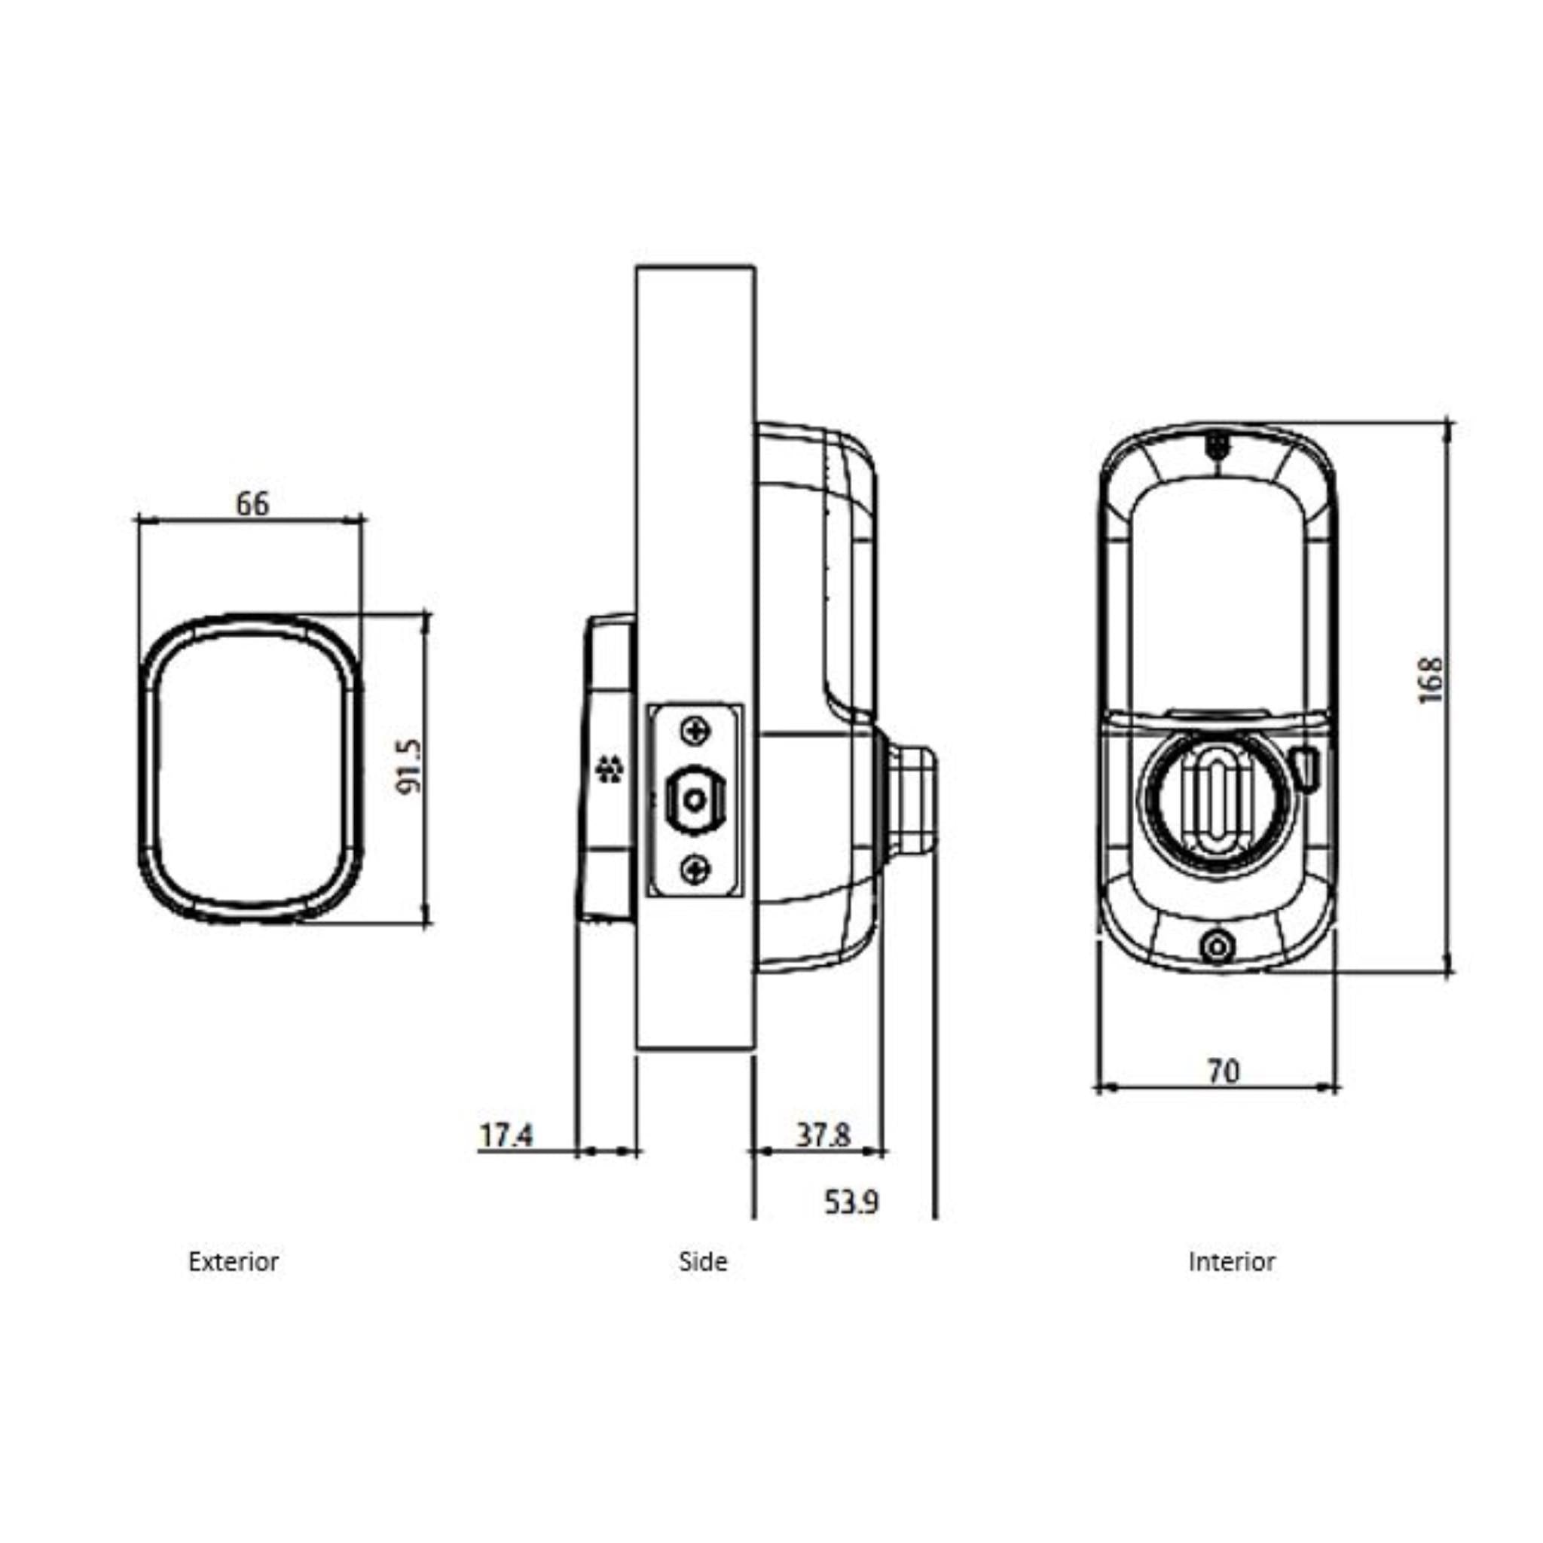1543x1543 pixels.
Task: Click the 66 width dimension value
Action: click(252, 504)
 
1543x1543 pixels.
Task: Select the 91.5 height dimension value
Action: click(408, 766)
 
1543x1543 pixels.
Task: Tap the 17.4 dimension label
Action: click(506, 1135)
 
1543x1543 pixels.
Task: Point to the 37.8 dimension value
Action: click(823, 1135)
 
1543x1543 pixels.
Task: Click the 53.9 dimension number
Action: click(851, 1202)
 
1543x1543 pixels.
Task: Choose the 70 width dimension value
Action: click(1223, 1072)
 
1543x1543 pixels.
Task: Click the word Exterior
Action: click(234, 1262)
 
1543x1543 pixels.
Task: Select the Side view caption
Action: click(703, 1262)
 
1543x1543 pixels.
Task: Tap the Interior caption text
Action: click(1232, 1262)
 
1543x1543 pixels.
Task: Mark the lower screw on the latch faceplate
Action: click(695, 869)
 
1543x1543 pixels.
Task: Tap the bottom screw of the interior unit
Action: click(1216, 948)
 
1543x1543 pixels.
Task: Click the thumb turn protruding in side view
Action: click(910, 799)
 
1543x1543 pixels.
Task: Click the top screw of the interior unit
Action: click(1216, 444)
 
